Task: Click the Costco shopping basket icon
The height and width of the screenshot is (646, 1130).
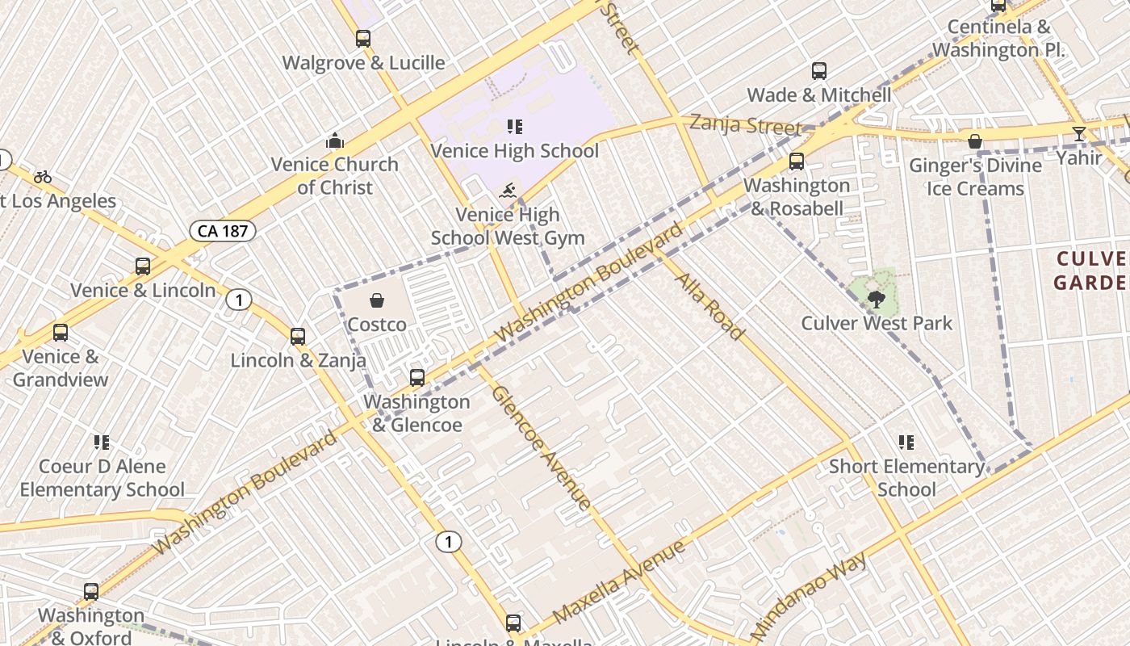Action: click(x=376, y=301)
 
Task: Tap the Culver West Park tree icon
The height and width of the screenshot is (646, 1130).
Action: click(x=875, y=300)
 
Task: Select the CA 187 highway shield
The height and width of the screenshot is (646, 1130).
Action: click(x=223, y=231)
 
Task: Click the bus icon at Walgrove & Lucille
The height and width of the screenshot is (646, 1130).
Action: click(x=363, y=38)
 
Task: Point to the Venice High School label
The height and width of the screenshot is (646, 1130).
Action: click(x=514, y=151)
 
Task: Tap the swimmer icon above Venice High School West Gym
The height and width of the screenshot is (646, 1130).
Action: click(x=508, y=191)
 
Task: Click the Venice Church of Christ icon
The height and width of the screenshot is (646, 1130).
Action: click(x=335, y=141)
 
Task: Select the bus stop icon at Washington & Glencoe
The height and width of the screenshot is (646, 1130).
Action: click(x=417, y=377)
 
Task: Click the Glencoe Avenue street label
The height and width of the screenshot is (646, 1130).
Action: click(x=542, y=447)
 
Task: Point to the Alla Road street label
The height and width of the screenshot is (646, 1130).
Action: click(x=709, y=306)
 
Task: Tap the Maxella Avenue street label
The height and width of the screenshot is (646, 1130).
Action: click(x=619, y=580)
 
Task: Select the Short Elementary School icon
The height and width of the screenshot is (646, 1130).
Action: click(x=906, y=442)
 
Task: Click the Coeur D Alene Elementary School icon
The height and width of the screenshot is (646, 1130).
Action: click(x=102, y=442)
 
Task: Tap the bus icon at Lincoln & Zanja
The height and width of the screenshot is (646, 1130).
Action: click(x=298, y=337)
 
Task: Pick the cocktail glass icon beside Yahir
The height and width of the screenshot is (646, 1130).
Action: click(x=1079, y=133)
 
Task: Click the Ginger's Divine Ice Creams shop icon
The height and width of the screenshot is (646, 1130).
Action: click(x=975, y=141)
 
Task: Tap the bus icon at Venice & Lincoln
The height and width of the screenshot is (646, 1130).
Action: click(x=143, y=266)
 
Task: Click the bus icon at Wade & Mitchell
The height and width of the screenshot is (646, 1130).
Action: click(x=819, y=71)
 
